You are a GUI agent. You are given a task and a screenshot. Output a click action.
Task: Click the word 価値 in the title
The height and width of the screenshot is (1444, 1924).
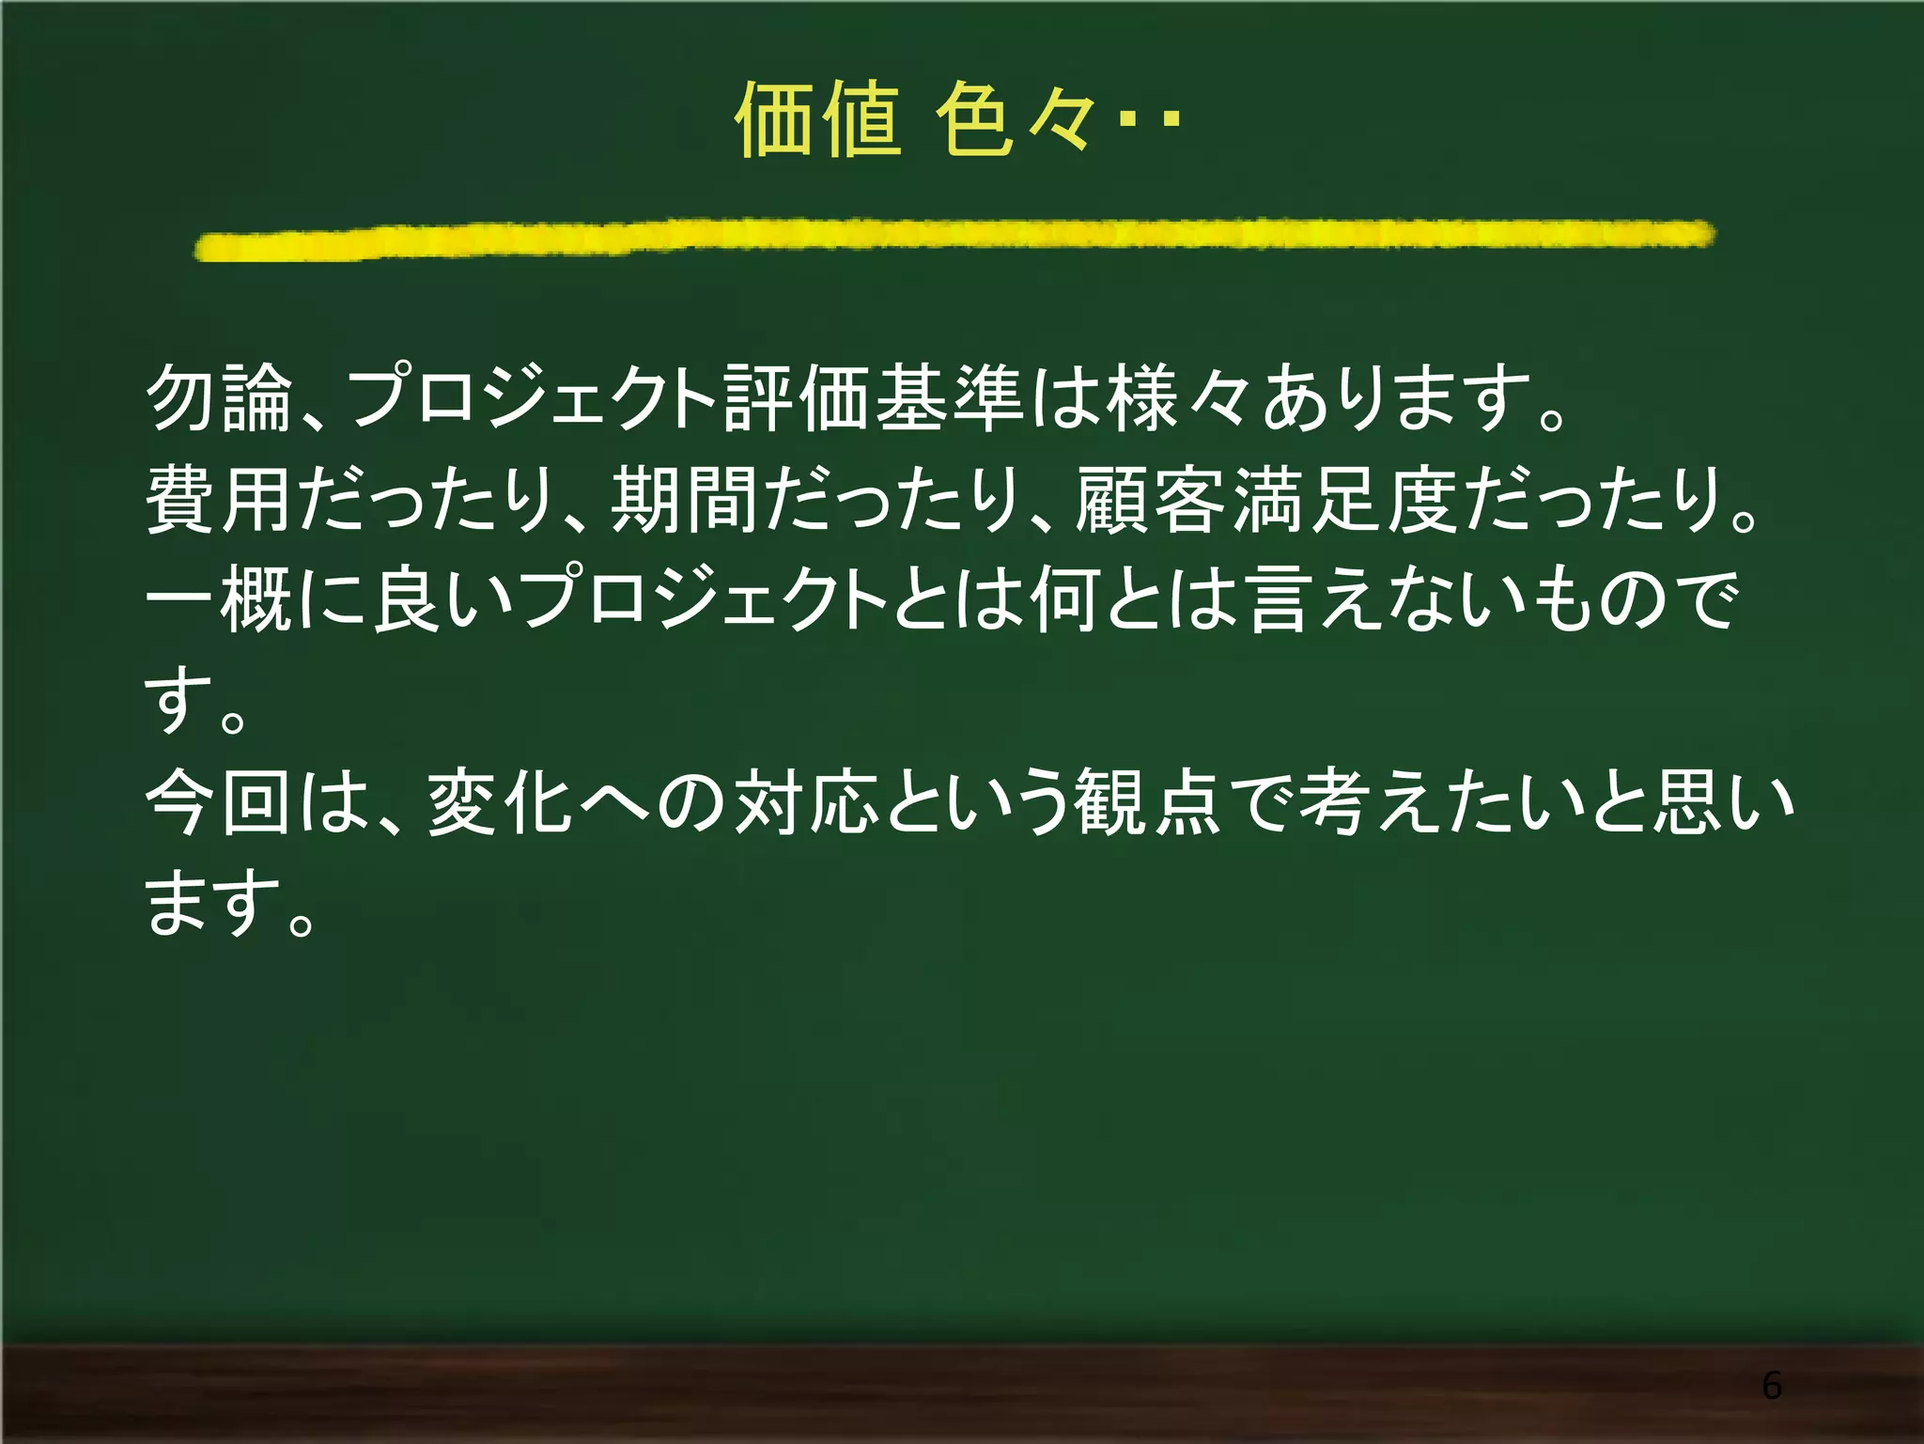(817, 119)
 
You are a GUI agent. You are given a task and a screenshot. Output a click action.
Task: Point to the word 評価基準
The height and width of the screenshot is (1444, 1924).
(874, 398)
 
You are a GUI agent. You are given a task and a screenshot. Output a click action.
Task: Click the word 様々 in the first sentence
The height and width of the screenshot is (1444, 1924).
(1179, 398)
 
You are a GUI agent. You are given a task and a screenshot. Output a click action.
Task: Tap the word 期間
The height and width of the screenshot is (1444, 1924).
(684, 500)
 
